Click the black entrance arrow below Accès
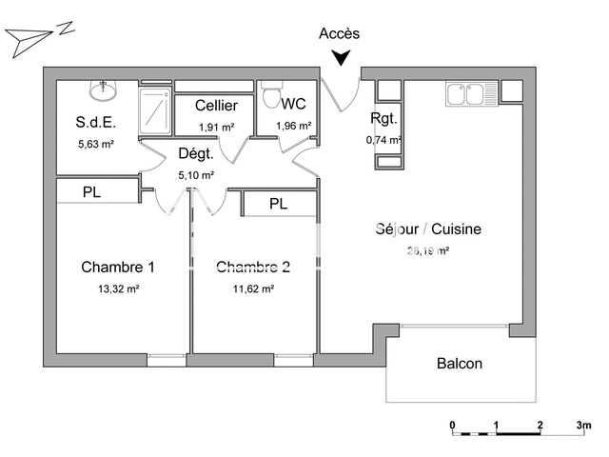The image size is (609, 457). tap(340, 59)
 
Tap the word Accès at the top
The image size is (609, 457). tap(339, 33)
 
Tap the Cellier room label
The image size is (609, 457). tap(216, 106)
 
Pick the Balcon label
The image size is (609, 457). tap(459, 364)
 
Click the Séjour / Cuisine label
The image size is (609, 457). tap(427, 229)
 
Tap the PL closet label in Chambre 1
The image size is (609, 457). tap(91, 192)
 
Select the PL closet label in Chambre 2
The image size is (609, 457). tap(278, 204)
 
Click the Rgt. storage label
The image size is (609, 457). tap(383, 119)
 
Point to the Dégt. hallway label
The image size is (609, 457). tap(195, 153)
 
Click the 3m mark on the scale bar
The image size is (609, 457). tap(583, 425)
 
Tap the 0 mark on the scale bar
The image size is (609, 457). tap(453, 425)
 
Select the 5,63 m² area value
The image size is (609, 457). tap(95, 145)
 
